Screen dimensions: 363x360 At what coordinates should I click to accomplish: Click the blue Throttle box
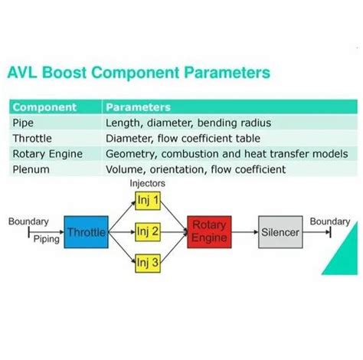coord(86,232)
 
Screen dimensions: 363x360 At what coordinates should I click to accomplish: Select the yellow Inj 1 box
coord(148,201)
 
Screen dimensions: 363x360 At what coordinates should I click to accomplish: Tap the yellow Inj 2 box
coord(148,232)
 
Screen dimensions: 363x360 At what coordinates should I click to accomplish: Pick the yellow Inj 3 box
coord(148,263)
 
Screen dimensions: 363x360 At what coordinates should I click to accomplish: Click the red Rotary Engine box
coord(209,232)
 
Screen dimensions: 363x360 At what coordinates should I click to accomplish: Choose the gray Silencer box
coord(280,232)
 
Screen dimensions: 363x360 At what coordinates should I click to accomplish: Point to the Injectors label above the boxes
coord(148,183)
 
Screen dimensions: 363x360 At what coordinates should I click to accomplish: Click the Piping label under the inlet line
coord(47,240)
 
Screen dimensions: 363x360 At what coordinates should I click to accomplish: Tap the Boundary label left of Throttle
coord(28,221)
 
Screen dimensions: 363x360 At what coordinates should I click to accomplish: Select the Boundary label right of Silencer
coord(330,221)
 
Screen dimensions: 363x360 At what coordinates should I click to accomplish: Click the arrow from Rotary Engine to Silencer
coord(245,232)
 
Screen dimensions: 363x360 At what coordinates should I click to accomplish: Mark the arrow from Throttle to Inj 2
coord(122,232)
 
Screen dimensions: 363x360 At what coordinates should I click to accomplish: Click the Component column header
coord(44,107)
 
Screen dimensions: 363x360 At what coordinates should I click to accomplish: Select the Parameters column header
coord(138,107)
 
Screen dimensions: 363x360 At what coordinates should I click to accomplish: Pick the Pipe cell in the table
coord(23,123)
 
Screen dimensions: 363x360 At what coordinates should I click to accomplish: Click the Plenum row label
coord(31,169)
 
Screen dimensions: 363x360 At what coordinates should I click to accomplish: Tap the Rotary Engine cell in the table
coord(47,154)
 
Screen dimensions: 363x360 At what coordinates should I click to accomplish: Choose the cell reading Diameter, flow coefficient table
coord(183,139)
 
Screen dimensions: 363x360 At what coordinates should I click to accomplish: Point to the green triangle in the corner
coord(346,257)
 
